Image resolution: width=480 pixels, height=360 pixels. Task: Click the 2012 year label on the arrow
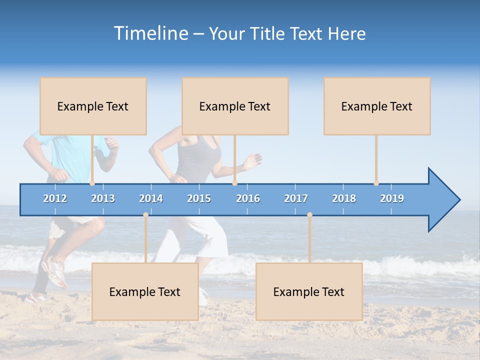point(55,198)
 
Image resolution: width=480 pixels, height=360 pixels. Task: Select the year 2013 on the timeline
point(103,198)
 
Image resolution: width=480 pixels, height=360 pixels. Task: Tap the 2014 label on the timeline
point(151,198)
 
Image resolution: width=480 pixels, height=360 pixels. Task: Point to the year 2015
point(199,198)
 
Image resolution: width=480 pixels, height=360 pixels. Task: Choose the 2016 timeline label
point(248,198)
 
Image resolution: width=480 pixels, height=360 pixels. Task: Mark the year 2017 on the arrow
point(296,198)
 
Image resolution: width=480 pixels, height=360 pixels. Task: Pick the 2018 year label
point(344,198)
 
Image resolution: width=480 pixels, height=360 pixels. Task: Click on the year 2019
point(392,198)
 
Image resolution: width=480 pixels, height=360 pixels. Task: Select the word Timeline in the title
point(149,33)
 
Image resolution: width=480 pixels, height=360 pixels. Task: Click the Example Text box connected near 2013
point(93,106)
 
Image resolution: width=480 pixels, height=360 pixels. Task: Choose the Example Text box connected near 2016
point(235,106)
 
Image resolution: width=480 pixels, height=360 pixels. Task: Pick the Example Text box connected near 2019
point(377,106)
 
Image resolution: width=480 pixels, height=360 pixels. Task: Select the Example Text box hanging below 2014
point(145,291)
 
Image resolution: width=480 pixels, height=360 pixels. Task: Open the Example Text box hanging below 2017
point(309,291)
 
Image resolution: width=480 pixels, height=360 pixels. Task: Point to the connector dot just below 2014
point(145,214)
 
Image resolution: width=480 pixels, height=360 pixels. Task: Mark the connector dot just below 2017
point(309,214)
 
